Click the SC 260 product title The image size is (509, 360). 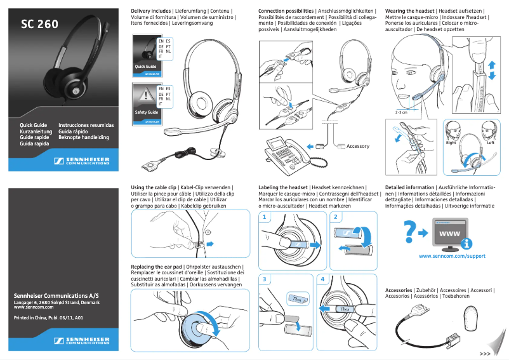point(39,25)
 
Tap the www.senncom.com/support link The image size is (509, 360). point(452,256)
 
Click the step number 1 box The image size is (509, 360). point(264,217)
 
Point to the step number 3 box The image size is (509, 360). point(264,279)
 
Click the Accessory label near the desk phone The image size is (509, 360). point(357,146)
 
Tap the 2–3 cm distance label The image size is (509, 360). point(401,112)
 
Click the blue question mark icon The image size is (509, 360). point(411,232)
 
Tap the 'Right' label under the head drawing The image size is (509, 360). point(451,143)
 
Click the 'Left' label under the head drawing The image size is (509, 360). point(490,143)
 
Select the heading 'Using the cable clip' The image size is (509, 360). point(154,188)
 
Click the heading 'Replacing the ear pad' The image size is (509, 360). point(157,265)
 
